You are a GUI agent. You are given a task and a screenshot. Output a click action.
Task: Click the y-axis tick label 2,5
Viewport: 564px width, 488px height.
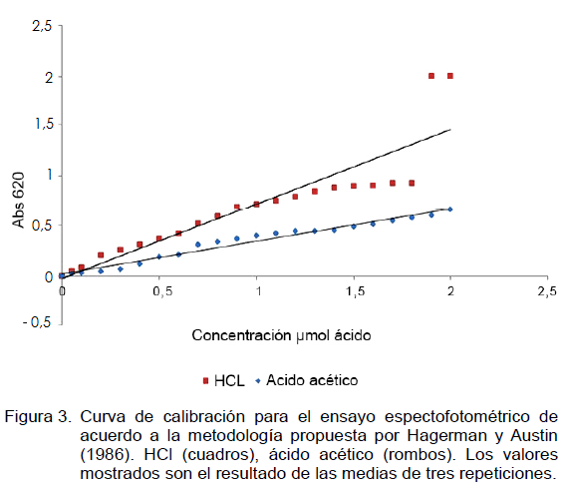(x=42, y=26)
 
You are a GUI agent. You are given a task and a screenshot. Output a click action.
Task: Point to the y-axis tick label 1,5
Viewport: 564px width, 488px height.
(x=44, y=124)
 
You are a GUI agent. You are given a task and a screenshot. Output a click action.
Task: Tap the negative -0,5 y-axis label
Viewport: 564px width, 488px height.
(x=37, y=322)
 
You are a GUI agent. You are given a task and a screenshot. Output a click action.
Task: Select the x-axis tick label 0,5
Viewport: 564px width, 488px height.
(x=162, y=291)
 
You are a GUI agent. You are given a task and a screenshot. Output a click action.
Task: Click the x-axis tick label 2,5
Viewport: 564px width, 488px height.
(x=547, y=291)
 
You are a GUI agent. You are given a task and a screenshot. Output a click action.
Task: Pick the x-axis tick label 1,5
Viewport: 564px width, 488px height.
(x=356, y=291)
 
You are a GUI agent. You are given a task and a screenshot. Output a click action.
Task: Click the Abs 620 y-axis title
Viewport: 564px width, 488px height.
(x=19, y=200)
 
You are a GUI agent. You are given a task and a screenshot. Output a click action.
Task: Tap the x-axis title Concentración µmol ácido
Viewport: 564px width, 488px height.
(x=281, y=335)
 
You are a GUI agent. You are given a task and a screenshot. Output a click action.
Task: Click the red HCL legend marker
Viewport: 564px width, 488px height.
(x=205, y=380)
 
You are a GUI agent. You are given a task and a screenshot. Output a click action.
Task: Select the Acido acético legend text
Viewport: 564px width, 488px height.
(x=312, y=380)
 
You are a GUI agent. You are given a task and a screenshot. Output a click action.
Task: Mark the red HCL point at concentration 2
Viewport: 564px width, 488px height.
(x=450, y=76)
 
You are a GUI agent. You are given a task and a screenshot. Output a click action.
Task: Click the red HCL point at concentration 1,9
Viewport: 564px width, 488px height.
(x=431, y=76)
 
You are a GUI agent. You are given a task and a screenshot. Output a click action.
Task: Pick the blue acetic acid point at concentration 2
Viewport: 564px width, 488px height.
(x=450, y=210)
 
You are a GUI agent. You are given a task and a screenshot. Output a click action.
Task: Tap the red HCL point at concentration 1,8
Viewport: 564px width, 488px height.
(x=412, y=184)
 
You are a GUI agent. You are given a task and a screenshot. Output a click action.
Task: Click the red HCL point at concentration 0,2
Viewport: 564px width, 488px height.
(x=101, y=255)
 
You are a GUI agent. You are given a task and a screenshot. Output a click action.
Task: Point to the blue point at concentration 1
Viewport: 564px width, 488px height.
(x=256, y=236)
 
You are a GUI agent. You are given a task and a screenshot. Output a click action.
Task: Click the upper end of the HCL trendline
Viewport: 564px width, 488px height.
(x=450, y=129)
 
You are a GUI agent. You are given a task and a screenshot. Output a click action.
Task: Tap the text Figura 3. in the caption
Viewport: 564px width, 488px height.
(x=38, y=417)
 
